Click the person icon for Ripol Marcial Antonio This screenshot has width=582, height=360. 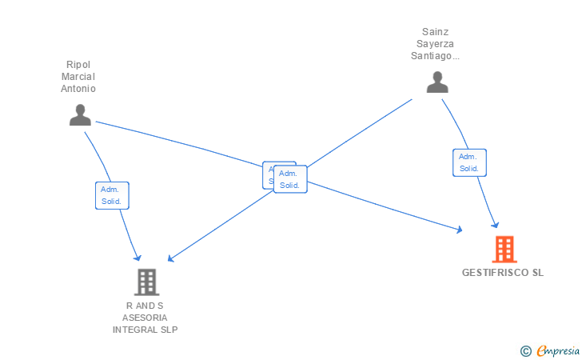80,115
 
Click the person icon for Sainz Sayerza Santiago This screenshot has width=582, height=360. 437,82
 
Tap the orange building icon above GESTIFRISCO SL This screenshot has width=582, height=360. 504,250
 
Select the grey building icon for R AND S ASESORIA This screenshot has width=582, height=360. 146,282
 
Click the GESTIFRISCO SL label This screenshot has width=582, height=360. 502,273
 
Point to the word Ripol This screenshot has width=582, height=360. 78,65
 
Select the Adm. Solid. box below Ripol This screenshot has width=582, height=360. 112,195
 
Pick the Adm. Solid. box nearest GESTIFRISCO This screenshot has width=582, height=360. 469,162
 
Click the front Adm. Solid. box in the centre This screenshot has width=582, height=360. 290,179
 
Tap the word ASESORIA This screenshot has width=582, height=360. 145,318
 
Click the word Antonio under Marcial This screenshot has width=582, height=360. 78,89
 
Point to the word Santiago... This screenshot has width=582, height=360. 433,56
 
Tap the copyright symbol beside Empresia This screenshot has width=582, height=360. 525,350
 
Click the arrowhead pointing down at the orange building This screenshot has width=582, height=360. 496,225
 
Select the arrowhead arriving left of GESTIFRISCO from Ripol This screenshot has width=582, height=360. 459,230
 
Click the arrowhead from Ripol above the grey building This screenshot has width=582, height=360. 138,258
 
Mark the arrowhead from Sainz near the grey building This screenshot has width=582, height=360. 170,259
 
